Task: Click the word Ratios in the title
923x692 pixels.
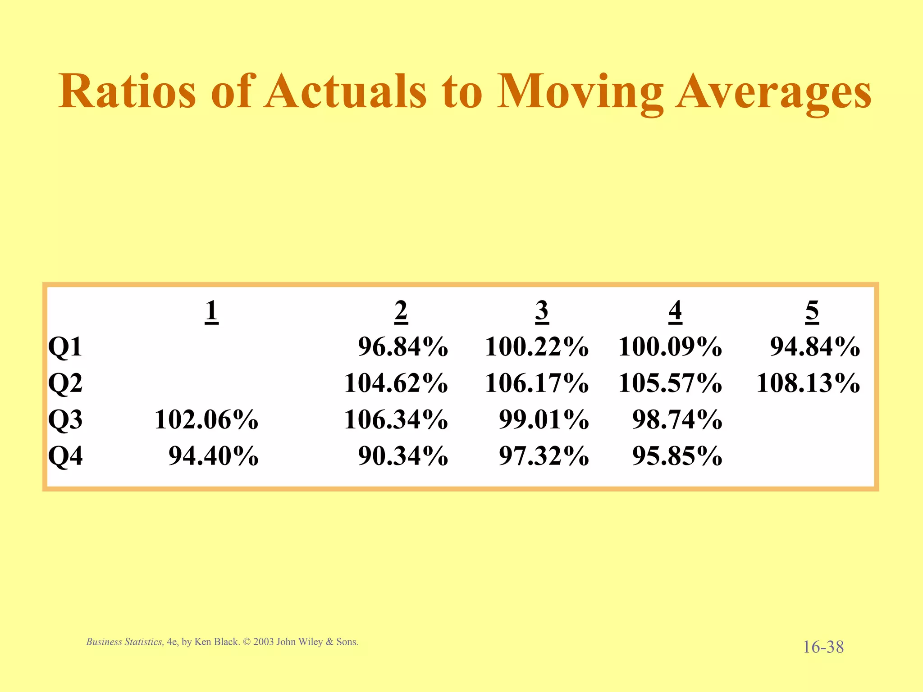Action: pos(127,91)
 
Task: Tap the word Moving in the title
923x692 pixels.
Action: pos(580,92)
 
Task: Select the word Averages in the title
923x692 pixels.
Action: pos(773,92)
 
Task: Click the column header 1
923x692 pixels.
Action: pos(211,311)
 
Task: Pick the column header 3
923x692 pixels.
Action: pos(542,311)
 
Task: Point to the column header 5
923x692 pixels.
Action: pos(812,311)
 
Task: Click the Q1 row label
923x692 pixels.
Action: pos(65,347)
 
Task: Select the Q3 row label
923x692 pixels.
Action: pos(65,420)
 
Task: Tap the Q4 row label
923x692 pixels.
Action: pos(65,456)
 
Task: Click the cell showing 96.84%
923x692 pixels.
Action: pos(403,347)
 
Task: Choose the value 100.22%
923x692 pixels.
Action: pos(536,347)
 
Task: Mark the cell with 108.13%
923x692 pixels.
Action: pos(808,383)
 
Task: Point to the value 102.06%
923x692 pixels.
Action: pos(206,420)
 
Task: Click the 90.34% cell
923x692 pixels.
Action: pos(403,456)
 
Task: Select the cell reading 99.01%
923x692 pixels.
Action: pos(544,420)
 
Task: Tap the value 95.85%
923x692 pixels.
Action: pos(677,456)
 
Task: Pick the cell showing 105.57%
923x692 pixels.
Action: pos(670,383)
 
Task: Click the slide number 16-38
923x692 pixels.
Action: pos(823,647)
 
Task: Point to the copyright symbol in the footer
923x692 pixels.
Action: pos(246,642)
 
